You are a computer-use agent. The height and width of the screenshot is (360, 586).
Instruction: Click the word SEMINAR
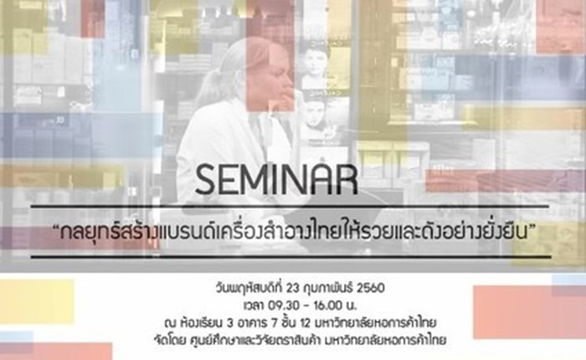(276, 181)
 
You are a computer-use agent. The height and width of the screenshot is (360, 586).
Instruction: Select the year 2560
(370, 289)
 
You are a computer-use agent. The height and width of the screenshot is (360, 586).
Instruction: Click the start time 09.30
(284, 306)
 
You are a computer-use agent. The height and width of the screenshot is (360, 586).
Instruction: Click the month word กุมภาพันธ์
(329, 289)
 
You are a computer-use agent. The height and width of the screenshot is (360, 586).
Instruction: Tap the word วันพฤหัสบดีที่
(249, 289)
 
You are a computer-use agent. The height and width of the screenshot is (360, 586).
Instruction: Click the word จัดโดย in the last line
(167, 340)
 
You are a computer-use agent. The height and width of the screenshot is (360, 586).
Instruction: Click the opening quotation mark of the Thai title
(57, 227)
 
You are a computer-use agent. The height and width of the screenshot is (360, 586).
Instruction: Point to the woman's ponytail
(206, 87)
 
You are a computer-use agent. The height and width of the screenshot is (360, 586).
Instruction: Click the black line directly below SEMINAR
(290, 206)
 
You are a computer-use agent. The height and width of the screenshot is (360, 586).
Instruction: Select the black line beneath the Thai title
(290, 257)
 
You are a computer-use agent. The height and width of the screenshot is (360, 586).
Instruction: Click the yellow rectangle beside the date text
(37, 301)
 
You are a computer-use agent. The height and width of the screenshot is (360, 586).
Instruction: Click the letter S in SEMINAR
(206, 181)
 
